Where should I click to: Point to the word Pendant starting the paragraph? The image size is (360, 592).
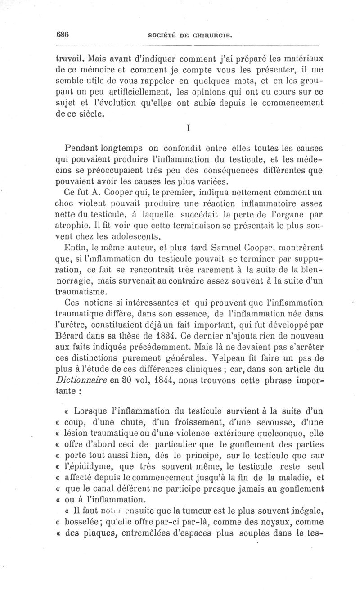82,148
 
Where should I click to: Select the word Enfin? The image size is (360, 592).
75,247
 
